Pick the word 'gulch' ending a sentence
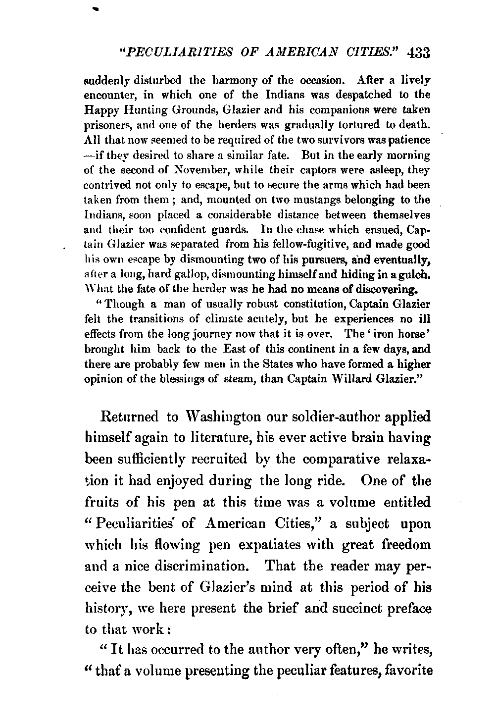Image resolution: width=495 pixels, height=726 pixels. click(412, 274)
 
